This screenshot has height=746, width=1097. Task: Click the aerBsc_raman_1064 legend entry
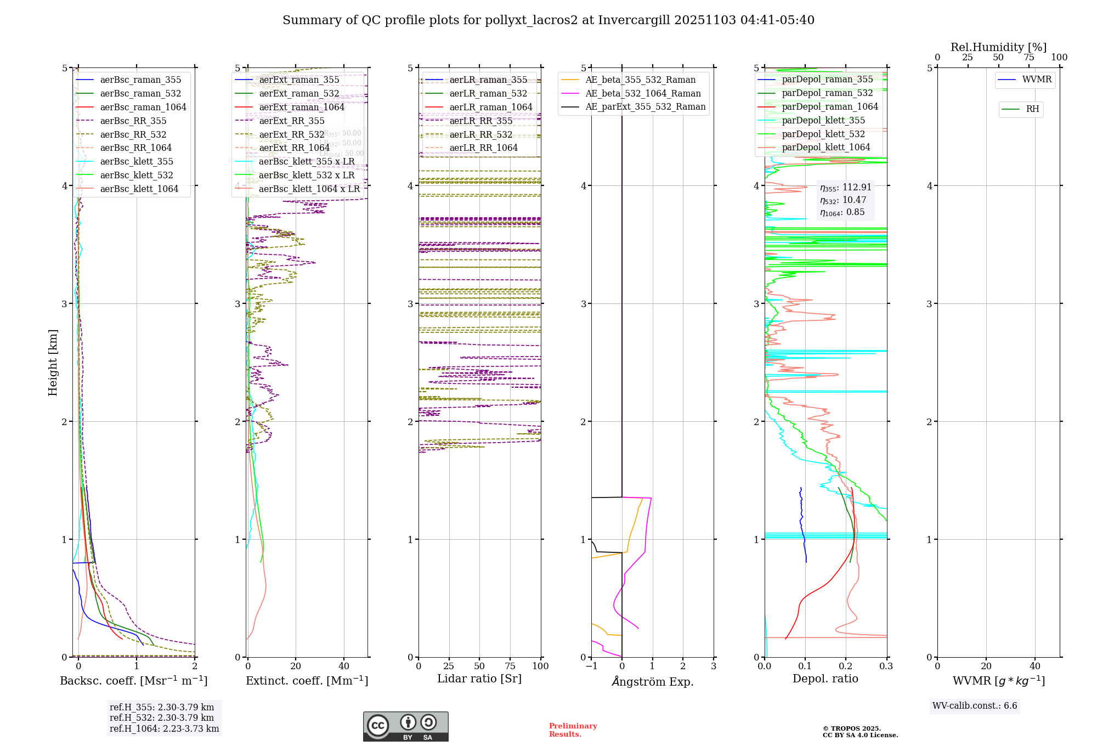(x=143, y=108)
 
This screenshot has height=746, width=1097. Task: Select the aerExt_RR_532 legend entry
(x=291, y=135)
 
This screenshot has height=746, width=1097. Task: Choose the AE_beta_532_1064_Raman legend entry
(x=643, y=94)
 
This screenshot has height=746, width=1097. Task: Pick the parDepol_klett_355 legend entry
(x=823, y=121)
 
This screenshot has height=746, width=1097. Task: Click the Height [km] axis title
(x=53, y=363)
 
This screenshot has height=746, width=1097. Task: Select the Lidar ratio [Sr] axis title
(x=479, y=679)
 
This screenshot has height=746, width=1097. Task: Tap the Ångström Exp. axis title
(x=653, y=682)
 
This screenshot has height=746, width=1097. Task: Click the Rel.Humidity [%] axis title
(x=998, y=47)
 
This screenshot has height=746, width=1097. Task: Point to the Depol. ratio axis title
(x=825, y=679)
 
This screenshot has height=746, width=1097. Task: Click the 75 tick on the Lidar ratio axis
(x=510, y=666)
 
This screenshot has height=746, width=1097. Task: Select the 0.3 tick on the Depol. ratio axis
(x=886, y=666)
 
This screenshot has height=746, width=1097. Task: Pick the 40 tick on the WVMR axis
(x=1035, y=666)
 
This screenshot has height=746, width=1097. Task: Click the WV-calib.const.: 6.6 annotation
(x=975, y=706)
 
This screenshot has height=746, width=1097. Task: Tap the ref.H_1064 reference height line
(x=164, y=729)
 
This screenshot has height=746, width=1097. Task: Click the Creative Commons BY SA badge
(x=405, y=727)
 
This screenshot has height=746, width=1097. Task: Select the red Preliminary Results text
(x=573, y=730)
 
